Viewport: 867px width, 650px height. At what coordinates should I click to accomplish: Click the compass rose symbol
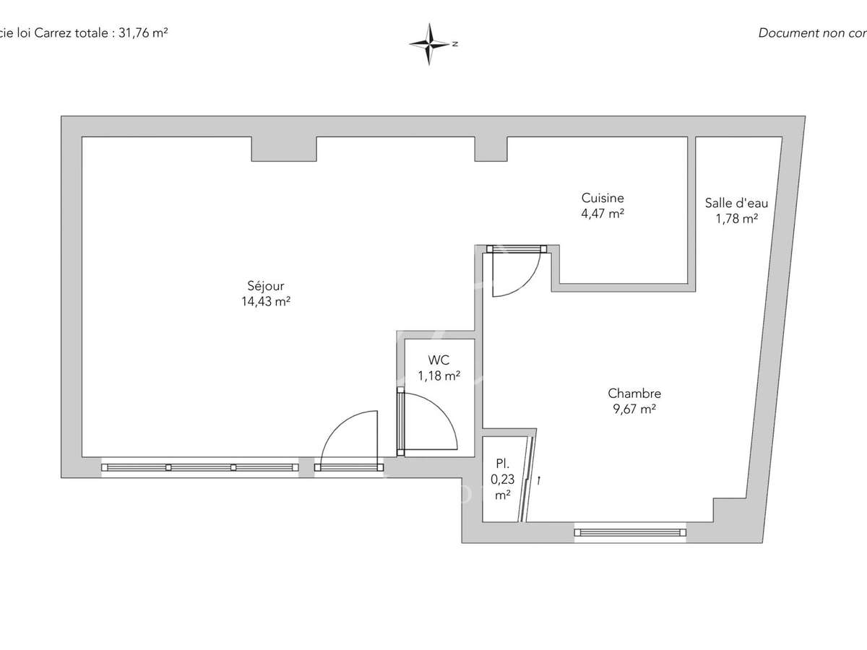click(x=430, y=44)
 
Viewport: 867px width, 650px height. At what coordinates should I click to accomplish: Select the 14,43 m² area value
click(x=266, y=303)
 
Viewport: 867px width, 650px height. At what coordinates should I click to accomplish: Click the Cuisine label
click(x=603, y=198)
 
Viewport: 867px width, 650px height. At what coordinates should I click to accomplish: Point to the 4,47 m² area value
click(x=603, y=214)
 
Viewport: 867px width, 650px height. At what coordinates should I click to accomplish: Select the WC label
click(x=439, y=360)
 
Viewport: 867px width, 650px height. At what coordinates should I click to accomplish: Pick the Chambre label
click(x=634, y=394)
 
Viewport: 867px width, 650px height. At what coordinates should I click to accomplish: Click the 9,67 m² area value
click(x=634, y=409)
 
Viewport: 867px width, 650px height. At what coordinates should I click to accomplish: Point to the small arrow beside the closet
click(x=538, y=479)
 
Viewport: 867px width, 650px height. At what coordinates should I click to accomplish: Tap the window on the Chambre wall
click(x=629, y=533)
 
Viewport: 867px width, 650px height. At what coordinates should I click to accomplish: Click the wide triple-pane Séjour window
click(x=200, y=467)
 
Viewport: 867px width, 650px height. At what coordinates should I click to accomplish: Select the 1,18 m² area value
click(x=439, y=376)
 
